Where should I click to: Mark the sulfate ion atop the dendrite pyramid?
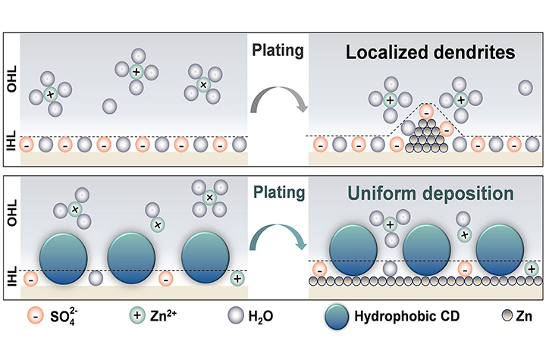tap(426, 111)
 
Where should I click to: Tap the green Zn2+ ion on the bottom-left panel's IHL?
tap(237, 278)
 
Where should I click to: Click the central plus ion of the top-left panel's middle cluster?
tap(136, 72)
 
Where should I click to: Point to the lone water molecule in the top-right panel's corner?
tap(524, 88)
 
